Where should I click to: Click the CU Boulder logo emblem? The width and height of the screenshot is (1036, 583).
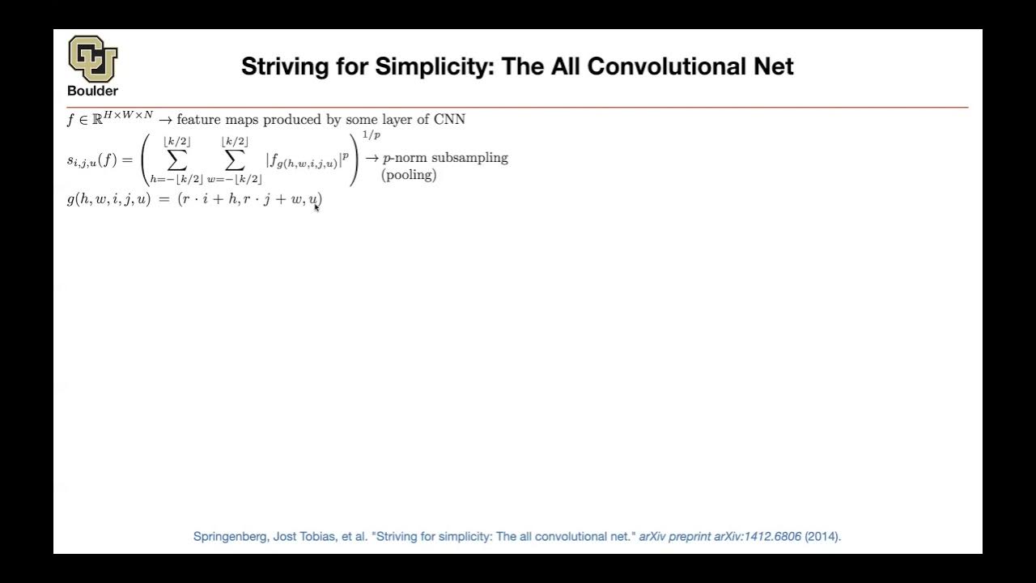point(92,58)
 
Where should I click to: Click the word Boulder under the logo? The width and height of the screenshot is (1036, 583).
point(92,91)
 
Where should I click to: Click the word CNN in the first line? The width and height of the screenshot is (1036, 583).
point(449,120)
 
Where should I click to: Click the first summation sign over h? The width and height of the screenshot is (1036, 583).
point(176,160)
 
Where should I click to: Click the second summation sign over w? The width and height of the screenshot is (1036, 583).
point(235,160)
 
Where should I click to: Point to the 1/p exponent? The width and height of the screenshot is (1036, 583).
point(371,135)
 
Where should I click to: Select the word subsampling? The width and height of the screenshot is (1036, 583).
point(469,158)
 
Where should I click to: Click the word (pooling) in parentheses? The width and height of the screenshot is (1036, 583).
point(409,175)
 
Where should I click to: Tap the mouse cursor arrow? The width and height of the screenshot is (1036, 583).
point(316,208)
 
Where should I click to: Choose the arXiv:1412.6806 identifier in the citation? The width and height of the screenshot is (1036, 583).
point(758,536)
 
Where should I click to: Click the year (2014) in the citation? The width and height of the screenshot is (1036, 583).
point(822,536)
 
